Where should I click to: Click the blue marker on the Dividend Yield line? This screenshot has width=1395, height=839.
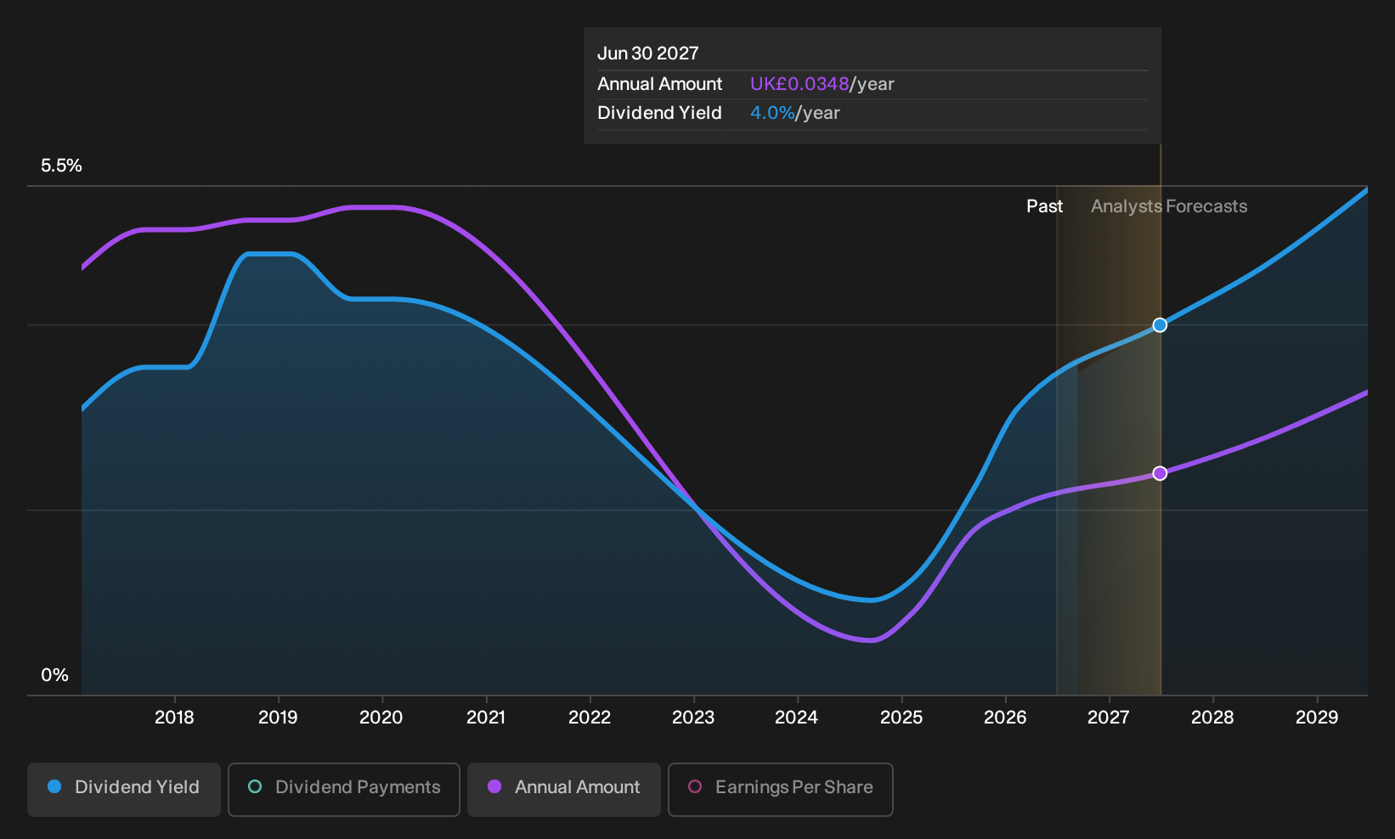[1160, 325]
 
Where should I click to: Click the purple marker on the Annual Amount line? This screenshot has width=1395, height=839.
[1160, 474]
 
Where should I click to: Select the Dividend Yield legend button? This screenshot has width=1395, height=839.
[124, 789]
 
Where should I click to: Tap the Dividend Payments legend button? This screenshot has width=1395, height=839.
[344, 789]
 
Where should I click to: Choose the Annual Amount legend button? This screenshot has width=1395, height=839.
[563, 789]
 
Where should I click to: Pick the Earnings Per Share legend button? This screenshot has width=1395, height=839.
[780, 789]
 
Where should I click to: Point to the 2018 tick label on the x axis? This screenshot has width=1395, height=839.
[174, 718]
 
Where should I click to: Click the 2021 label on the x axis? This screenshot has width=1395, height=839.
[486, 718]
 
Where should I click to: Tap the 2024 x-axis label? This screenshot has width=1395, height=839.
[797, 718]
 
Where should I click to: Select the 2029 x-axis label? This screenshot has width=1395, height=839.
[1317, 718]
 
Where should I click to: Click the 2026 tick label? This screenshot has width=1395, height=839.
[1005, 718]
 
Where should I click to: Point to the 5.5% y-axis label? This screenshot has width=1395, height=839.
[61, 166]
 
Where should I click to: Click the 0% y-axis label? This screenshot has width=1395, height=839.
[55, 675]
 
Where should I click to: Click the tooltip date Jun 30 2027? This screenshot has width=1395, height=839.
[647, 53]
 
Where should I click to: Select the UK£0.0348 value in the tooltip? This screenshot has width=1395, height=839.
[799, 84]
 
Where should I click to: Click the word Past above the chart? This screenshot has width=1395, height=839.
[1044, 206]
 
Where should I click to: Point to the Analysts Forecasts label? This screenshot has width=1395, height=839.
[1169, 206]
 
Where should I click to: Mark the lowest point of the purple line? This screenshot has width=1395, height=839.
[872, 639]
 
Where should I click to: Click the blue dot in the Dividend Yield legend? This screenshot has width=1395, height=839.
[55, 786]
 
